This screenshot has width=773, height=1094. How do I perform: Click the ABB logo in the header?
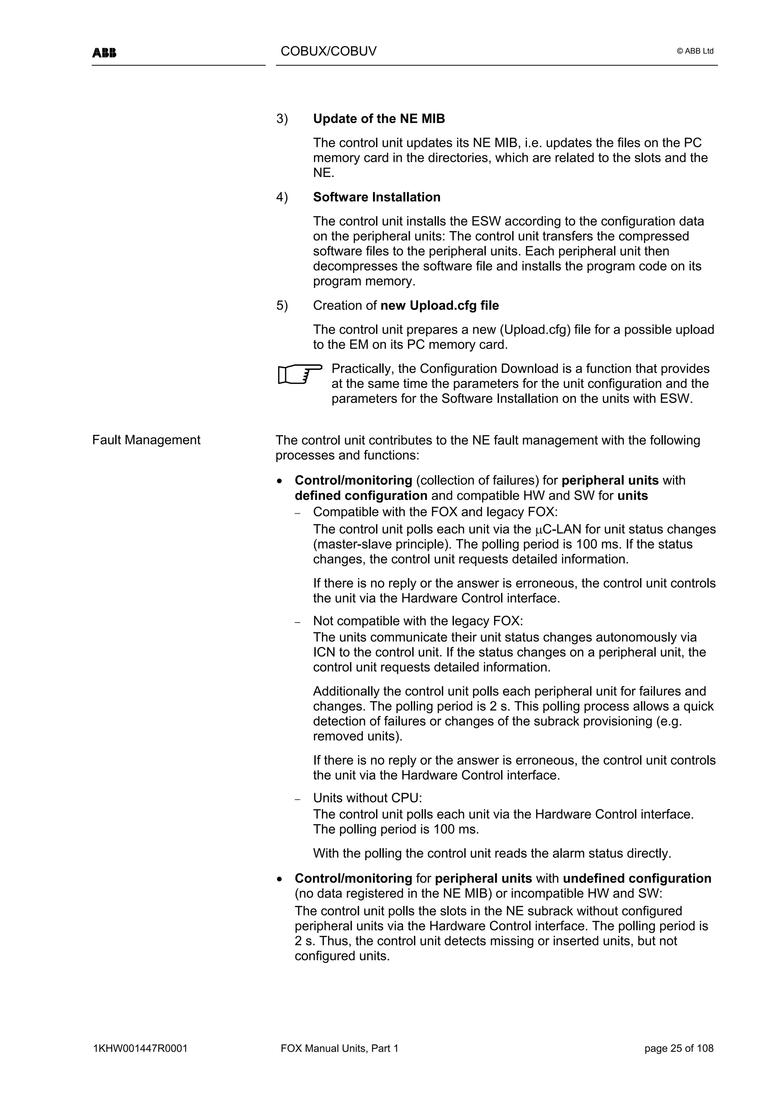[x=104, y=53]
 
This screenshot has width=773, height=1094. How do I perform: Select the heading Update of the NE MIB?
[x=379, y=119]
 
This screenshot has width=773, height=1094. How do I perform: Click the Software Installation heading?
[x=376, y=197]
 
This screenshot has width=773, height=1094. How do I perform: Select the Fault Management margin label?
[x=146, y=440]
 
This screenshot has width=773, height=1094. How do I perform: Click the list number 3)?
[x=282, y=119]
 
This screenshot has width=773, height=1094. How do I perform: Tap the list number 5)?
[x=282, y=305]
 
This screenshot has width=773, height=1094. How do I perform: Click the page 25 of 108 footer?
[x=679, y=1048]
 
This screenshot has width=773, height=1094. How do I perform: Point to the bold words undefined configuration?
[x=637, y=878]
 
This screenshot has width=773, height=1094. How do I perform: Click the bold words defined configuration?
[x=360, y=496]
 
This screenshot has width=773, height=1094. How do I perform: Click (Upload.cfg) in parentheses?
[x=535, y=330]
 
